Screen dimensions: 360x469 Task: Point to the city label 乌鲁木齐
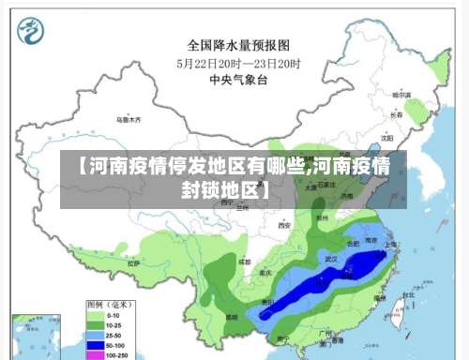(x=129, y=120)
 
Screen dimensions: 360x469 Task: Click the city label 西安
(x=284, y=226)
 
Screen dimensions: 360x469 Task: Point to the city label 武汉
(x=329, y=256)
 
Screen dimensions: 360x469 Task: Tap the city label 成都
(x=244, y=262)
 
